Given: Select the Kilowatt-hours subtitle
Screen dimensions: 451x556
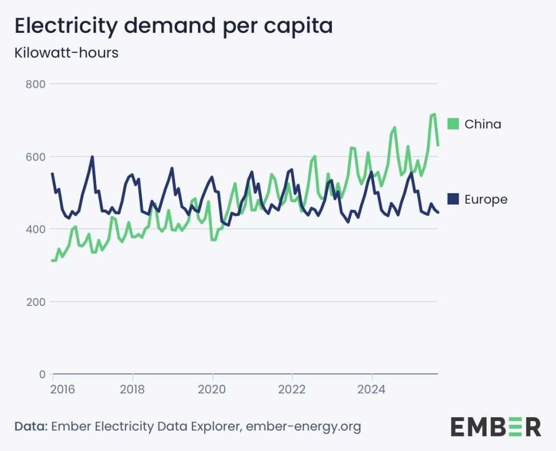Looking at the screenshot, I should point(66,53).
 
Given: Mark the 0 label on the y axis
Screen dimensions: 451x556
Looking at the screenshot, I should point(42,374).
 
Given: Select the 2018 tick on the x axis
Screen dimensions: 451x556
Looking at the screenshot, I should point(132,388).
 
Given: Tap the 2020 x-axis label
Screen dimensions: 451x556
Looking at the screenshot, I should point(212,388).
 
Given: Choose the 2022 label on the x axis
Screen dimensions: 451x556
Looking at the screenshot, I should point(292,388).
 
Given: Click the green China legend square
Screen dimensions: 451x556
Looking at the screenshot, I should point(453,124).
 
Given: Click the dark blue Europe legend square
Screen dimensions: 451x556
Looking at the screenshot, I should point(453,199).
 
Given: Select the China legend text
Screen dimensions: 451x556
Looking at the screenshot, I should point(483,124).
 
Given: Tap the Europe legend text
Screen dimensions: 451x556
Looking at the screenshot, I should point(486,199).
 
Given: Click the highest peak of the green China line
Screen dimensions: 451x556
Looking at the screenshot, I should point(434,114).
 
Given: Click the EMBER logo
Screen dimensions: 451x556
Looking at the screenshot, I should point(495,427).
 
